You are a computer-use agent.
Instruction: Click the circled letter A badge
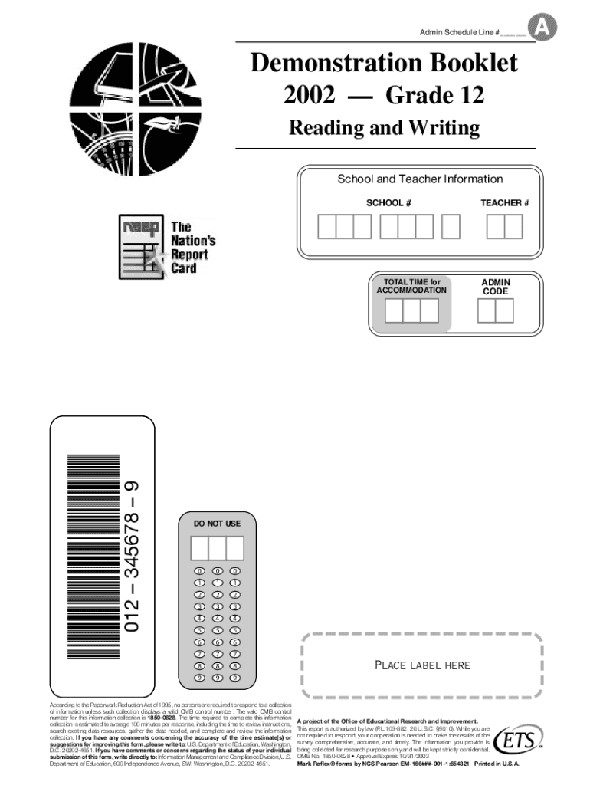click(545, 28)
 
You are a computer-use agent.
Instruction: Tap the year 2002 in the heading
click(310, 96)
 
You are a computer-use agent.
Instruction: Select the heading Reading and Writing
click(384, 127)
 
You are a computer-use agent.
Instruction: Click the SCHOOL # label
click(389, 203)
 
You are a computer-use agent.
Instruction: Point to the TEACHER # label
click(505, 203)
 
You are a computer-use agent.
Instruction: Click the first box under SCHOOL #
click(327, 227)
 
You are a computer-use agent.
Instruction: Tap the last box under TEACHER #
click(513, 227)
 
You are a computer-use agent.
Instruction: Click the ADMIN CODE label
click(496, 287)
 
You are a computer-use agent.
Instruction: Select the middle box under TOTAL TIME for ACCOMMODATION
click(411, 310)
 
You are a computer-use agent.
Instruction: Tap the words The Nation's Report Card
click(192, 248)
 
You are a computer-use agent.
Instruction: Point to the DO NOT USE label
click(217, 524)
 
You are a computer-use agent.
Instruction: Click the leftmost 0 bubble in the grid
click(199, 572)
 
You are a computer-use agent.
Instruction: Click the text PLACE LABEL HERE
click(422, 665)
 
